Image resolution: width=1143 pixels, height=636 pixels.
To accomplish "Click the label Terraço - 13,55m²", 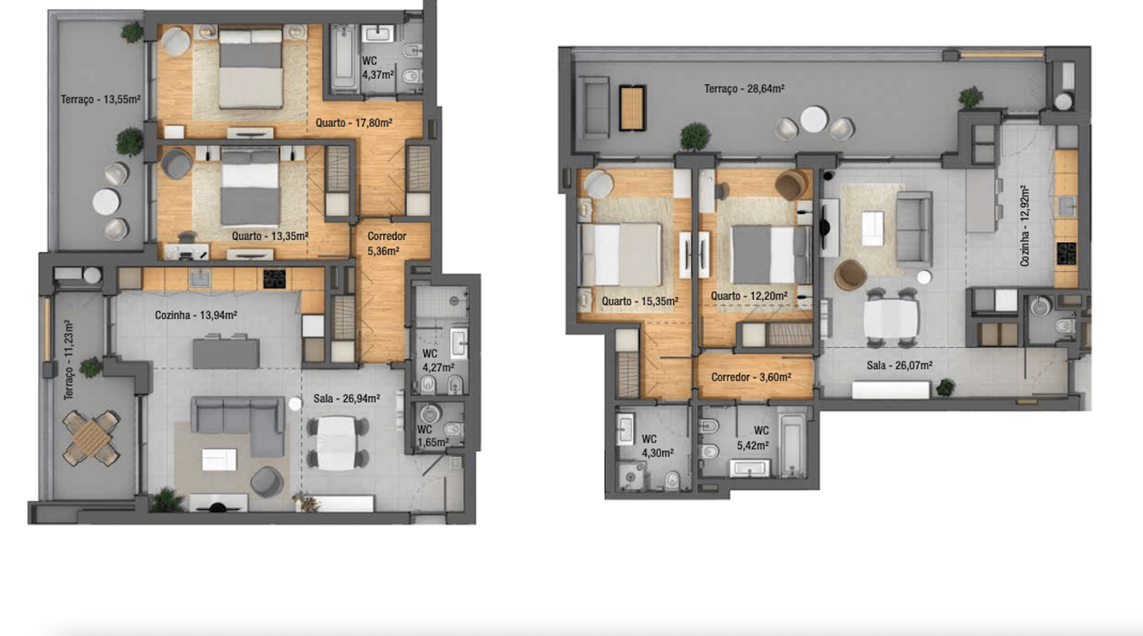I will point(101,99).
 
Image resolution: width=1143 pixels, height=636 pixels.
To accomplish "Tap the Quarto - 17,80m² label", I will point(354,123).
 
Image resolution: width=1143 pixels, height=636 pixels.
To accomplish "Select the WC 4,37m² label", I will point(378,68).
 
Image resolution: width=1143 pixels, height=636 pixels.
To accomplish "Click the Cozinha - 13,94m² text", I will point(196,315).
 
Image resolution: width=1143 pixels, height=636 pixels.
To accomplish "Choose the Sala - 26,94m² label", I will point(346,398).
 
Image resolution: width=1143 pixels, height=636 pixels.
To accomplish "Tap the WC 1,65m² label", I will point(433,436).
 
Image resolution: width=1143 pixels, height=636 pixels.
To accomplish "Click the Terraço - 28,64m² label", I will point(744,89).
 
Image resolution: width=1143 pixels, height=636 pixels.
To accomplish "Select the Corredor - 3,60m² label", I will point(751,377).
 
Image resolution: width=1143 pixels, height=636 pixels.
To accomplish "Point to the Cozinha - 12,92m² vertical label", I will point(1025,226).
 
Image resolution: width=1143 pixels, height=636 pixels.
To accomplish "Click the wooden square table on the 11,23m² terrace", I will point(91,438).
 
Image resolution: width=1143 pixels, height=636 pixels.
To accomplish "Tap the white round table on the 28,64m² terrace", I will point(814,119).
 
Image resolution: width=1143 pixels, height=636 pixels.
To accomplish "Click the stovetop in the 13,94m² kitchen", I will point(274,279).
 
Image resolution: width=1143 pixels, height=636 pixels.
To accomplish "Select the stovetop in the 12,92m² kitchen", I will point(1066,253).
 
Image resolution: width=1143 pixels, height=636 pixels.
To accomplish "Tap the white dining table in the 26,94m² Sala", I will point(336,443).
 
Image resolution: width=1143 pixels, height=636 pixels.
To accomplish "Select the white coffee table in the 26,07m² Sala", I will point(872,229).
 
